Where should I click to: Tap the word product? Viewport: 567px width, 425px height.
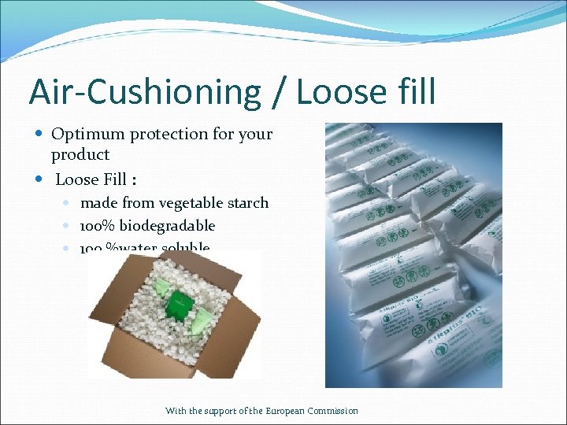coord(80,155)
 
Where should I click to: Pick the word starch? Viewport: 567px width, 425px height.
coord(247,203)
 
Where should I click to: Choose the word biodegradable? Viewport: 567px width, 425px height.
coord(169,226)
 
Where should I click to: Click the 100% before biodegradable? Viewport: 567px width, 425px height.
coord(98,226)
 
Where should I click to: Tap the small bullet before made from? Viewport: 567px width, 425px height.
coord(69,203)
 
